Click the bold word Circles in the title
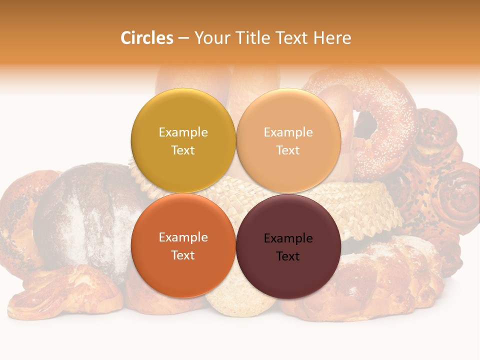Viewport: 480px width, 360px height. (146, 38)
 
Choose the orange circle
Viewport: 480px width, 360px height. (183, 270)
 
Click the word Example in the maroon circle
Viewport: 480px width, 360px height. (288, 238)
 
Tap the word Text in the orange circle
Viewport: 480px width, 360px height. (183, 255)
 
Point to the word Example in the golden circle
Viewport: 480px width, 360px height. (183, 132)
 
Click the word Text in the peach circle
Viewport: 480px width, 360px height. (288, 150)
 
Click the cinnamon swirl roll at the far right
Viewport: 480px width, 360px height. (457, 195)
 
